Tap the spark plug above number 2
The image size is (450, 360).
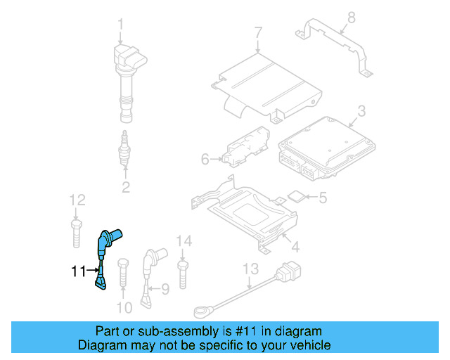pos(125,149)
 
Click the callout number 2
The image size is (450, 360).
pos(126,187)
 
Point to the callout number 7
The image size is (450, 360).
pos(258,32)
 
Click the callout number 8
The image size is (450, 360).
pos(352,18)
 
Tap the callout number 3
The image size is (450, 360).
pos(361,111)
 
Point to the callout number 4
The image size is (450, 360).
pos(295,247)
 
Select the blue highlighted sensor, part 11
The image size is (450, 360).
pos(105,257)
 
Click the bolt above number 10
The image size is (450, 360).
pos(123,274)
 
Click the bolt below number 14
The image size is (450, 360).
pos(184,274)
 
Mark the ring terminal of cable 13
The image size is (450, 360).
pos(201,309)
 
